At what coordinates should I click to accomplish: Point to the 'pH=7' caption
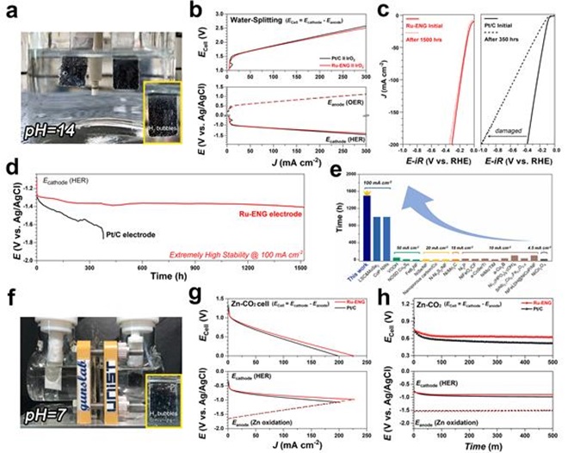click(41, 407)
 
